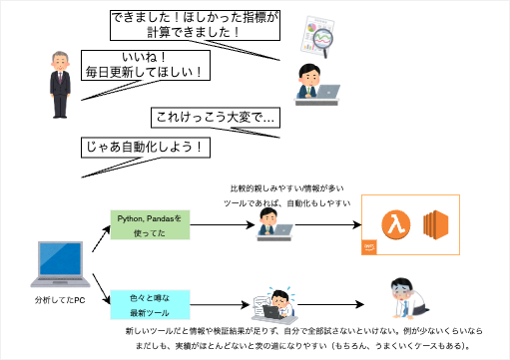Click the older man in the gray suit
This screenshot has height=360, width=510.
click(59, 84)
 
